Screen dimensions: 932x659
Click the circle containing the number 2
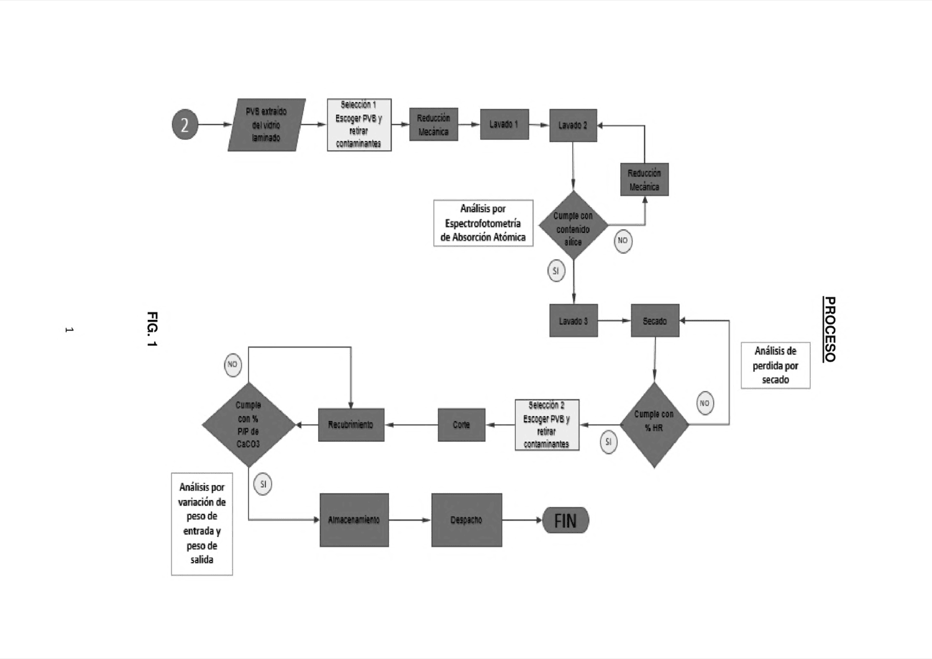pos(185,124)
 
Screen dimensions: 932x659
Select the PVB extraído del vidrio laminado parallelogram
pos(267,125)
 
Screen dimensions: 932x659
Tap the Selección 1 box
pos(359,125)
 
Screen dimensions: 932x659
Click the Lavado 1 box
pos(505,124)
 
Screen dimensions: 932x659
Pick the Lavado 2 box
pos(573,125)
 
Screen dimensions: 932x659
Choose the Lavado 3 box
pos(573,320)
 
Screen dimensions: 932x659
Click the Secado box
pos(655,320)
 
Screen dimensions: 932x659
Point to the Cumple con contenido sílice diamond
pos(573,225)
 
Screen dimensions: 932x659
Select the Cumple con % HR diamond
pos(654,425)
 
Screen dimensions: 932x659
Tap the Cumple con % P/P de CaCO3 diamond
pos(249,425)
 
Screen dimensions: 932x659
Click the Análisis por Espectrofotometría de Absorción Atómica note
pos(483,223)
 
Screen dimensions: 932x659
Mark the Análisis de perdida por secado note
pos(775,365)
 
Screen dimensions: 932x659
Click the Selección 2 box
pos(547,425)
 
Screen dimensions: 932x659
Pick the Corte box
pos(462,425)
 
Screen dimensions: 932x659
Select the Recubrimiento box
pos(351,425)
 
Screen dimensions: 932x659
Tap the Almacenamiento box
pos(354,520)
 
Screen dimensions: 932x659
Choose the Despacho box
pos(467,520)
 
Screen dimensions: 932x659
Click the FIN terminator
pos(566,520)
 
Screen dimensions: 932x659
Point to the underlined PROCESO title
pos(829,329)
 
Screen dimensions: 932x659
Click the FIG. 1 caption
pos(152,329)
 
